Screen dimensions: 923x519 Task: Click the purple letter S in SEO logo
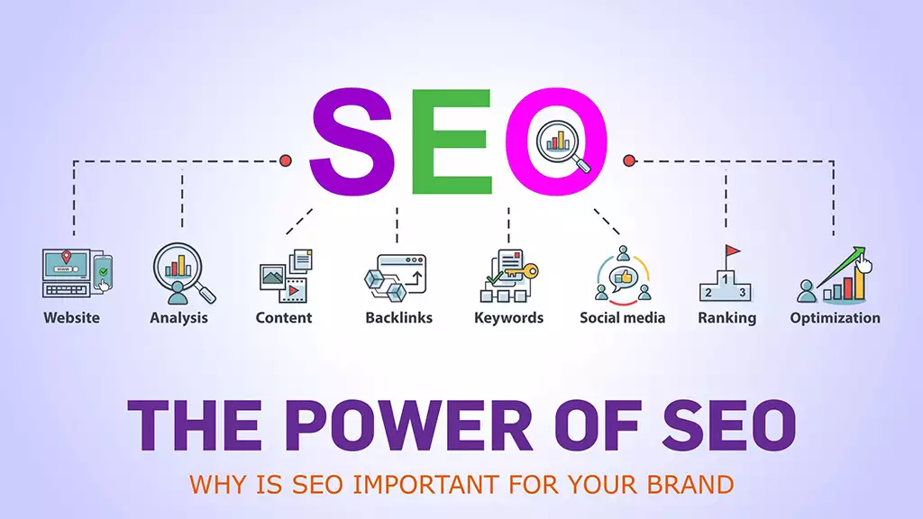(x=352, y=142)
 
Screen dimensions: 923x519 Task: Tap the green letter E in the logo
(x=452, y=141)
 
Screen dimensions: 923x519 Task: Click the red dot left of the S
(x=286, y=160)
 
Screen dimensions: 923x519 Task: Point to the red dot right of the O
(x=629, y=160)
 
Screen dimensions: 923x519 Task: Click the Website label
(x=72, y=318)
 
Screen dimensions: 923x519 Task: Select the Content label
(x=284, y=318)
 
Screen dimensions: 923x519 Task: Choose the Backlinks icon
(x=396, y=278)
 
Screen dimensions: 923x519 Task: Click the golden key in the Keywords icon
(x=522, y=272)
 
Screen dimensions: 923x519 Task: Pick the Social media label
(x=622, y=318)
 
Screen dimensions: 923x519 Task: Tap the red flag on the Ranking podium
(x=733, y=251)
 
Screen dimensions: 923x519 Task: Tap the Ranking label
(x=727, y=318)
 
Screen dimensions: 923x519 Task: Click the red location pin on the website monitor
(x=67, y=257)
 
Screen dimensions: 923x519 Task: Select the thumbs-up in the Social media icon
(x=624, y=276)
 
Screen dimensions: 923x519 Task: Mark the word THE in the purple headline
(x=195, y=425)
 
